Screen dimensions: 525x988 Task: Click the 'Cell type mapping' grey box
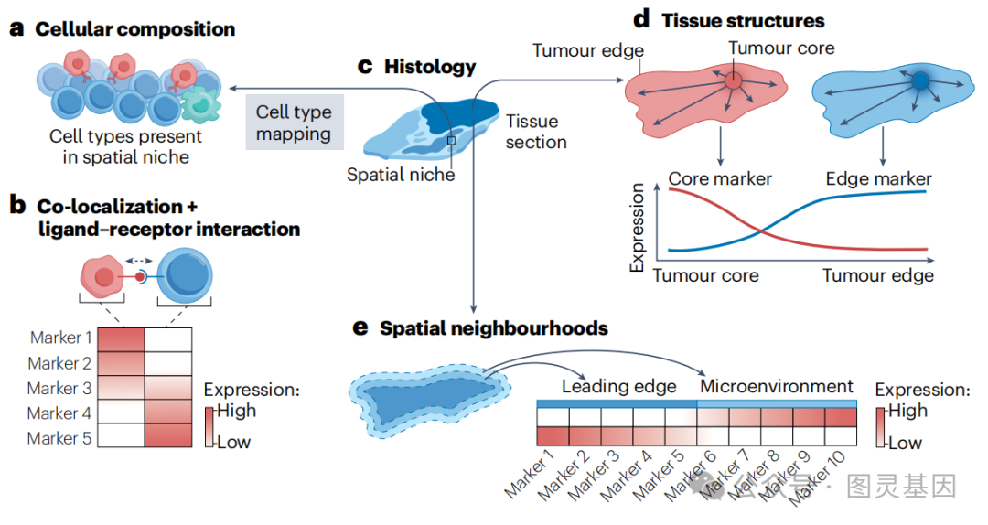click(x=293, y=123)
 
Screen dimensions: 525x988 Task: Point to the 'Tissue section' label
click(x=536, y=132)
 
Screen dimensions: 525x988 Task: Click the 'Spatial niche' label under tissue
click(x=401, y=174)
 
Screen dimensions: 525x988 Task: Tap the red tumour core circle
click(x=733, y=82)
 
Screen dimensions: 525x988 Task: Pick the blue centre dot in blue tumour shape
click(x=920, y=82)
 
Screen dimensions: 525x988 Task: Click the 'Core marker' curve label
click(x=720, y=178)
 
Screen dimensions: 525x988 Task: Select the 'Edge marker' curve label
click(x=878, y=178)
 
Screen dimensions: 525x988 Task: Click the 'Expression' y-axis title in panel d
click(x=638, y=228)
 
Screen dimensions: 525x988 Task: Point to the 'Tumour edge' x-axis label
click(x=878, y=274)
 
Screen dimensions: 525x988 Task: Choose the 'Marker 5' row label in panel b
click(x=59, y=438)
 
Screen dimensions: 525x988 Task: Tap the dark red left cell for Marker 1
click(x=120, y=338)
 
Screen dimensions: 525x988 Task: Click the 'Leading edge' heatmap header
click(x=618, y=386)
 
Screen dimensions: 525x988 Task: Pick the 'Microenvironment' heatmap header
click(x=776, y=386)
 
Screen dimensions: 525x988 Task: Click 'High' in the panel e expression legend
click(x=907, y=411)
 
